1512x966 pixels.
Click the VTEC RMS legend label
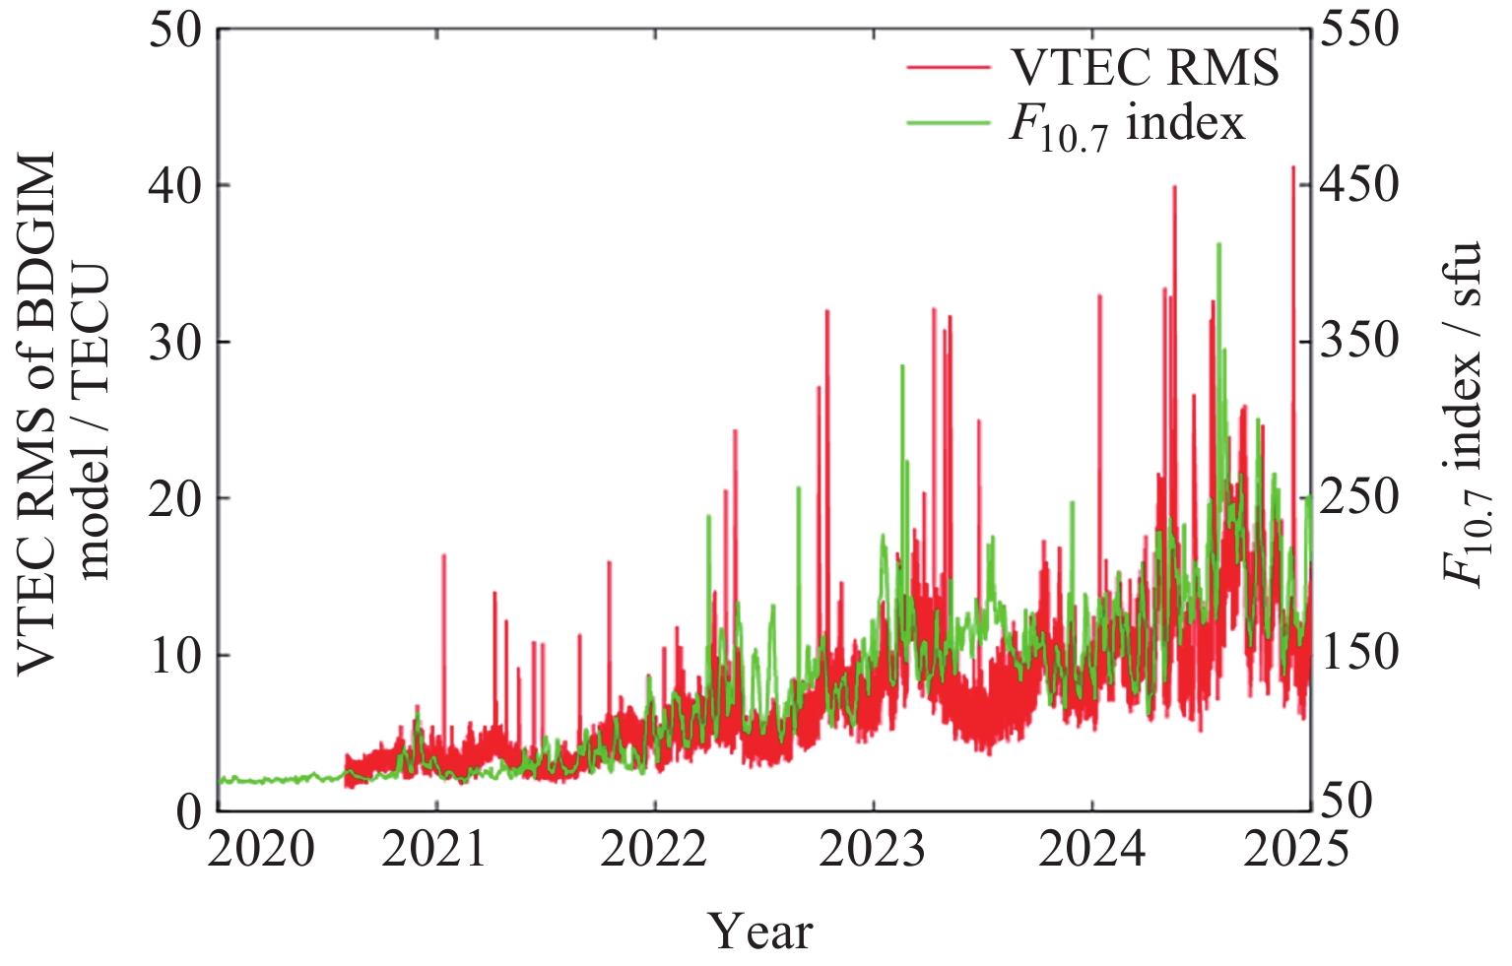coord(1146,68)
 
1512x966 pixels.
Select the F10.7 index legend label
coord(1127,124)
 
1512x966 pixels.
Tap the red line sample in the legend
coord(948,67)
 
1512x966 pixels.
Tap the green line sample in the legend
coord(948,122)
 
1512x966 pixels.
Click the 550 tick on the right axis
coord(1359,30)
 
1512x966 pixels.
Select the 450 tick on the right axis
coord(1359,185)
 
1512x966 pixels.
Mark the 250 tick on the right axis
coord(1359,498)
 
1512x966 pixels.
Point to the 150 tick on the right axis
coord(1359,654)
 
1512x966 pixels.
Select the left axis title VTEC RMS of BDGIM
coord(37,414)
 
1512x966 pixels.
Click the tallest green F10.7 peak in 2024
coord(1218,244)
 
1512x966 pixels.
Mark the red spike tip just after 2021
coord(443,555)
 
